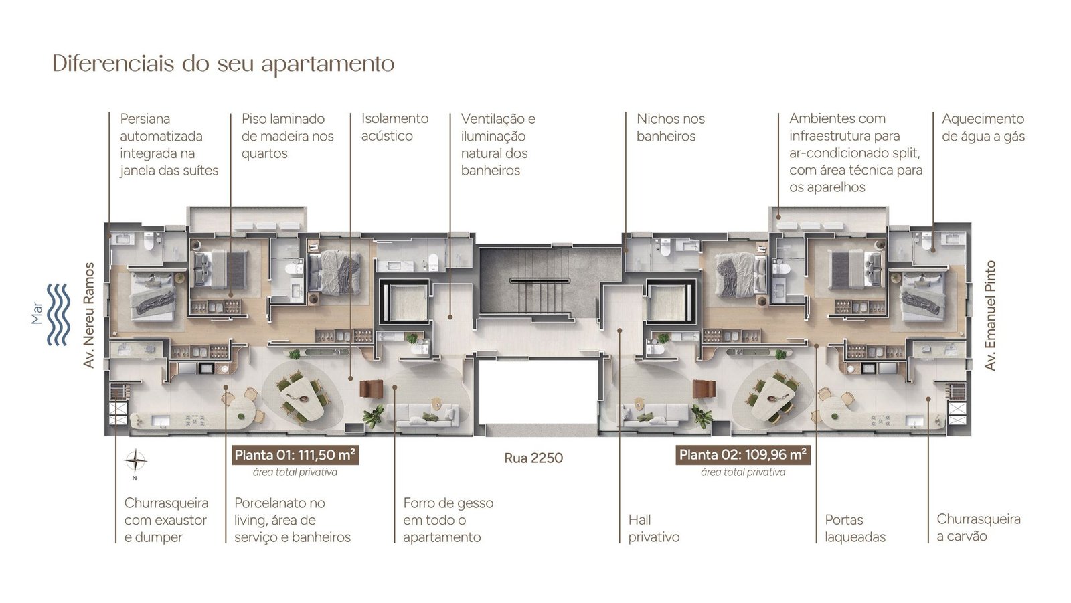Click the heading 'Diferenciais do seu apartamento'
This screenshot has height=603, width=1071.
224,64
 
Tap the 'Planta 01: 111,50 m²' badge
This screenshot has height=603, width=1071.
295,455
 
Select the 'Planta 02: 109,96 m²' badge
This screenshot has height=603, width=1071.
743,455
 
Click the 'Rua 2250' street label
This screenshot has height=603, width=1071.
533,458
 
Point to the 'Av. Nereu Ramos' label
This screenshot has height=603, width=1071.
89,315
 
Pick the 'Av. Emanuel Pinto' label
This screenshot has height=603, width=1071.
990,315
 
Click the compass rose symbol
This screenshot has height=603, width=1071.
135,462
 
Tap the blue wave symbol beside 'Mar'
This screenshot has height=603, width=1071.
59,314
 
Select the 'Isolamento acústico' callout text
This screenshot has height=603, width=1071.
395,127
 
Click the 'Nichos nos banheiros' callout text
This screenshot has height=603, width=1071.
670,127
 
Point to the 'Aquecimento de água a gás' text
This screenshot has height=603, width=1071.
983,127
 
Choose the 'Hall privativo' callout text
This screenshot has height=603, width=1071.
653,529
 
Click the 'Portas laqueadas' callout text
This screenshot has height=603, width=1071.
855,529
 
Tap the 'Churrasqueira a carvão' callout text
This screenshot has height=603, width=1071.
979,527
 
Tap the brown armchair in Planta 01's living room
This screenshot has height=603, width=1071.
372,389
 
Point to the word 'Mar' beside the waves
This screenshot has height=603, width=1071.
37,313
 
